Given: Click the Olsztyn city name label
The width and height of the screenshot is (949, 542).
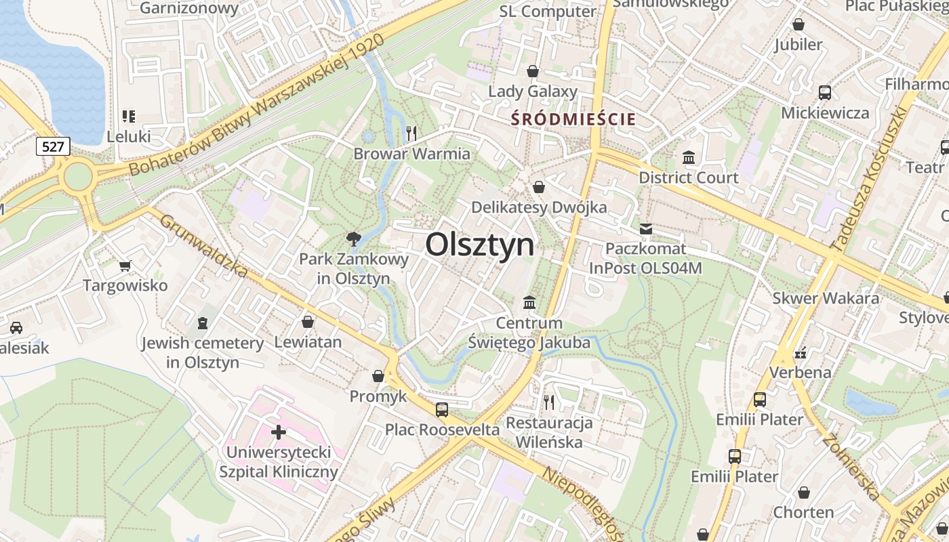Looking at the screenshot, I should pos(480,244).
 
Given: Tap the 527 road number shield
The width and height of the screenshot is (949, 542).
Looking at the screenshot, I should pos(53,146).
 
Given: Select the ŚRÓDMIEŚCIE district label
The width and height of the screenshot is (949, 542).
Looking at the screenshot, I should pos(573,120).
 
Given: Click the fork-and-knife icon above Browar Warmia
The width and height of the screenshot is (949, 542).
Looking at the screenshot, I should pos(411,132).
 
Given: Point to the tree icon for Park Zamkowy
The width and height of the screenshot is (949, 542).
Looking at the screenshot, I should pos(353,238).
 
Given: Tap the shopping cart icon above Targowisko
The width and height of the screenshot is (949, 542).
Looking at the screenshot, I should pos(125,266).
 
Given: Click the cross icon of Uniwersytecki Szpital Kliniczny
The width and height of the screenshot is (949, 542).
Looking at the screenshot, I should pos(278,432).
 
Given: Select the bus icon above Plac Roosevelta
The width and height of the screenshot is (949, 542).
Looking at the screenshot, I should pos(442,409).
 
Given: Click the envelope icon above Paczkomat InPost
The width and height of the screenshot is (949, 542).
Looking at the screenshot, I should pos(645,229).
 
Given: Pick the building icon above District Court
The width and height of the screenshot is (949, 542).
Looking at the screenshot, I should pos(689,157).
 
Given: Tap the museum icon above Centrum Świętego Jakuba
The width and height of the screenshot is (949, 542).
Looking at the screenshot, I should pos(529,302).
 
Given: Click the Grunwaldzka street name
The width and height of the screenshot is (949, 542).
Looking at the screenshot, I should pos(203,246).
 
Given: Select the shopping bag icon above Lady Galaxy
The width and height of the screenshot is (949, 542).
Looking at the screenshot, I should pos(533,71).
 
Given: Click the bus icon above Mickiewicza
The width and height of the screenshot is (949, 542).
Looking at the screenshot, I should pos(825,93).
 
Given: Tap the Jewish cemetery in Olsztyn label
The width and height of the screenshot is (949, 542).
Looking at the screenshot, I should pos(203,352).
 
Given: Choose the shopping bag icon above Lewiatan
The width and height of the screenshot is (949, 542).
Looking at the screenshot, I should pos(308,322).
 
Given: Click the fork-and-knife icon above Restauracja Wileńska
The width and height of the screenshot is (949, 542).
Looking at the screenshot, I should pos(549,402).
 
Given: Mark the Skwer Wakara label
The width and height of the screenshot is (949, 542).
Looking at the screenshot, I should pos(826,298).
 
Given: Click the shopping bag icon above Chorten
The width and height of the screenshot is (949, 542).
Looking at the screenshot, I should pos(804,493).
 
